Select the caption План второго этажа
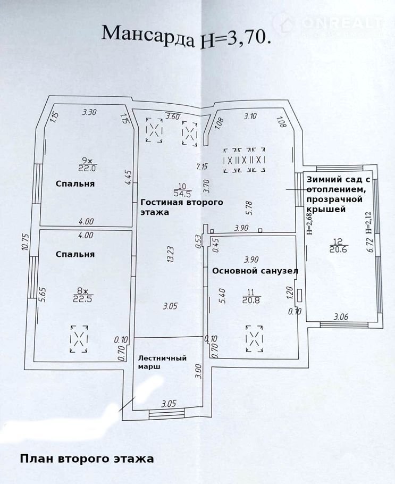(x=87, y=458)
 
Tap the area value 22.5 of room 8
(x=84, y=298)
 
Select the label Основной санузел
(x=255, y=271)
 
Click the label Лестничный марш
(x=162, y=362)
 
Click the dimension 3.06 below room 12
(x=341, y=317)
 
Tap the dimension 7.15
(x=201, y=166)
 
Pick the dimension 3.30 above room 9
(x=89, y=112)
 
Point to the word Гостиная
(x=163, y=203)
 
